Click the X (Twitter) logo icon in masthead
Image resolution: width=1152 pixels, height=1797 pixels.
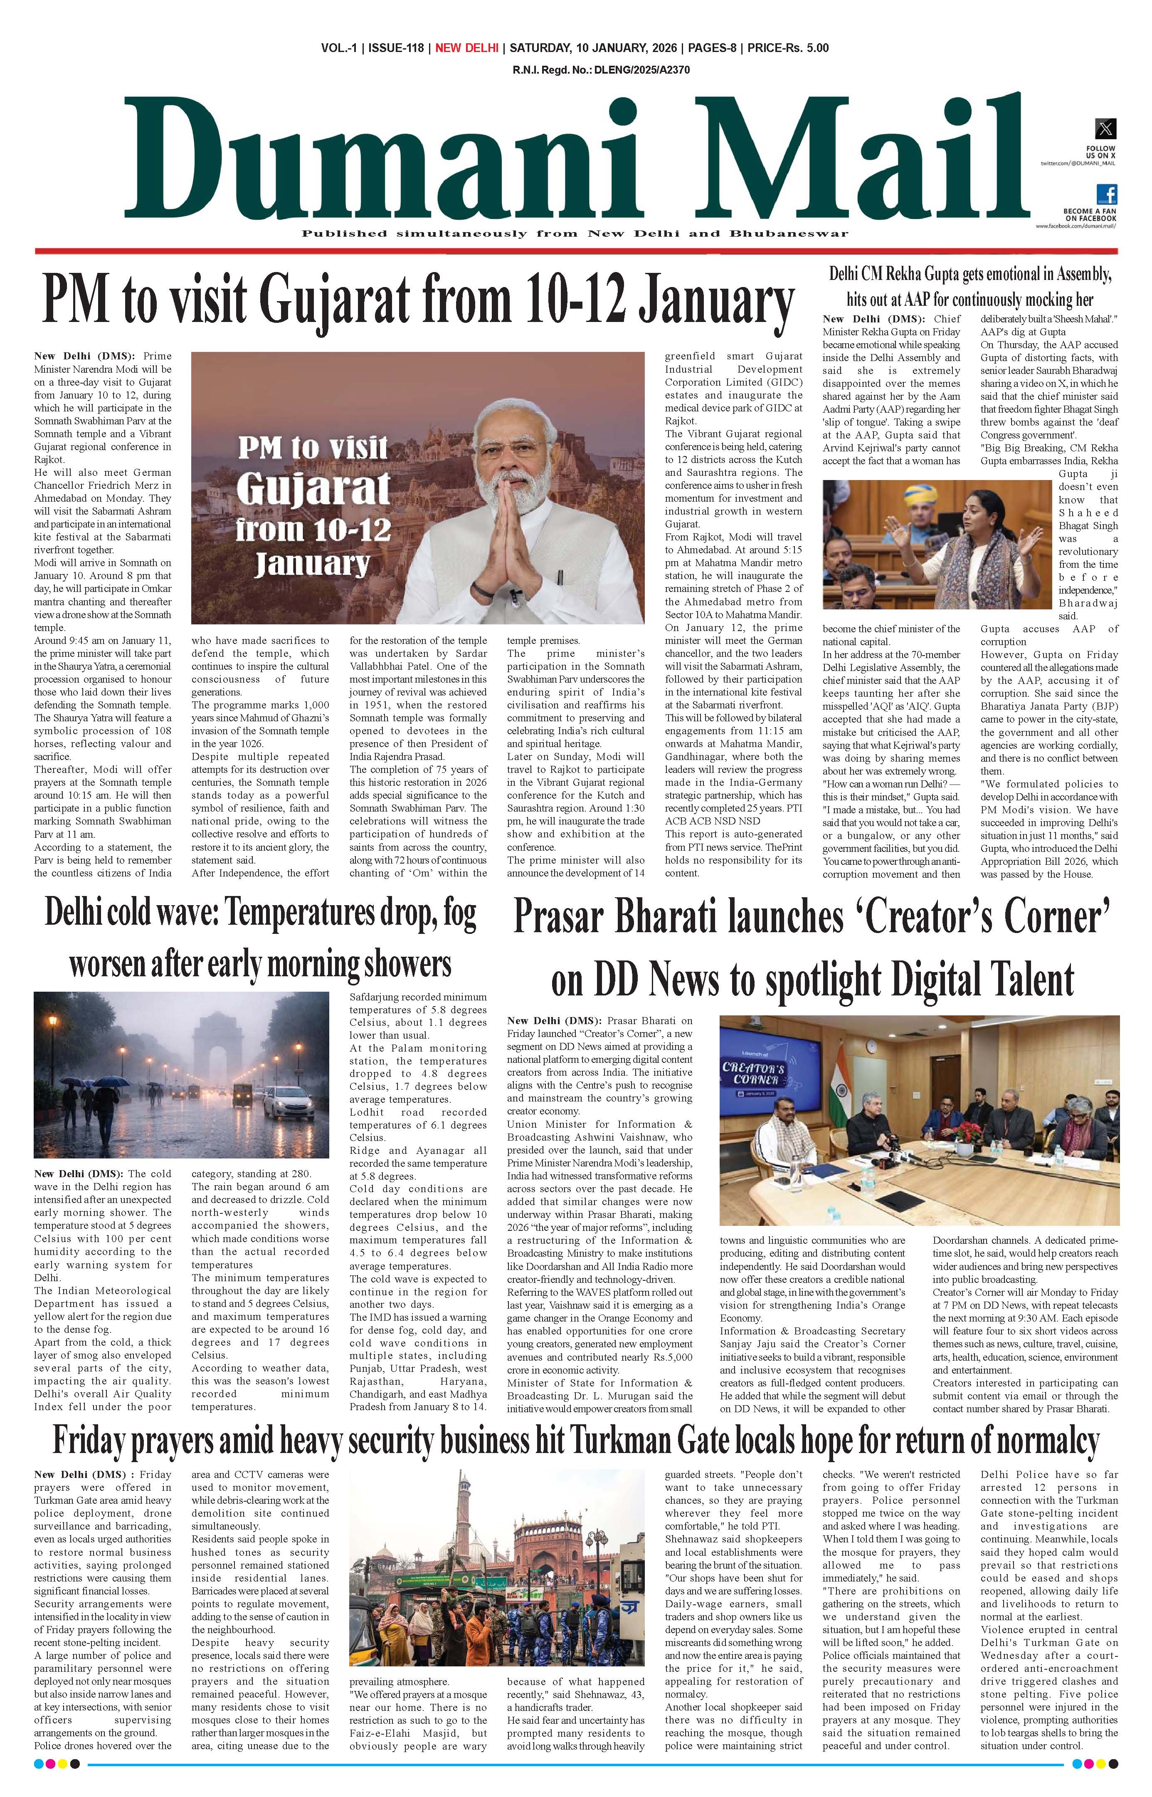(1105, 129)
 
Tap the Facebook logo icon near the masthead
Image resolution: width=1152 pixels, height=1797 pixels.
(1106, 194)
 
